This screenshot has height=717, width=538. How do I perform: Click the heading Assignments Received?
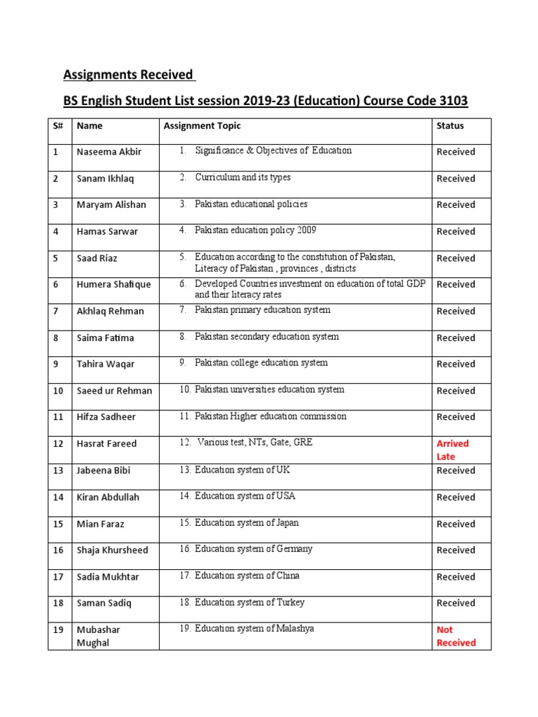click(x=129, y=74)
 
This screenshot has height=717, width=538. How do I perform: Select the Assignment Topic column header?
click(x=202, y=126)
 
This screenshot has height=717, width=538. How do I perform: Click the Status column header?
click(x=450, y=126)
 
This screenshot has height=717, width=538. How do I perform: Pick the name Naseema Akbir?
click(x=109, y=152)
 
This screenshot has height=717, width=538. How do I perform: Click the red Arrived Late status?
click(x=453, y=450)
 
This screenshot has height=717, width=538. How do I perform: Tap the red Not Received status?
click(x=455, y=636)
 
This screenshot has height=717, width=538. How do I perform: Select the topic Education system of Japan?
click(x=247, y=523)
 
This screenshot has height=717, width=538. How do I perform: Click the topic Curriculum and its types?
click(x=242, y=178)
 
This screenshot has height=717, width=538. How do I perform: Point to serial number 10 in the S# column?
click(x=59, y=391)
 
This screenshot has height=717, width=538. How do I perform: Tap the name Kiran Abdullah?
click(x=109, y=497)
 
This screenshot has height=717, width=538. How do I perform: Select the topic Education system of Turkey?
click(x=249, y=603)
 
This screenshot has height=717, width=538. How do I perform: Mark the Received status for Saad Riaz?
click(x=455, y=258)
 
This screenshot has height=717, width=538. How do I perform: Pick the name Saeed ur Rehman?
click(x=114, y=391)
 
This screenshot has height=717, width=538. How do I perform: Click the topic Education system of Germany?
click(x=254, y=550)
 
